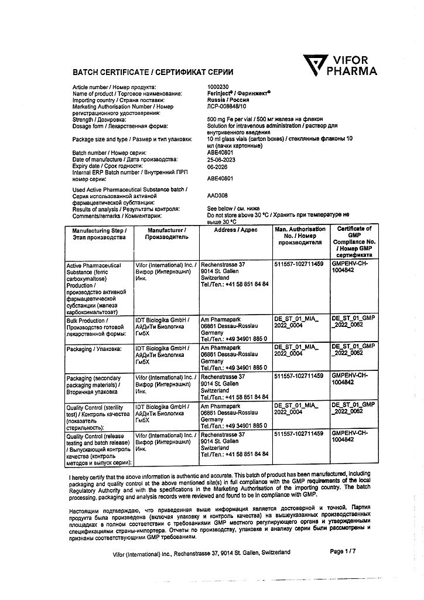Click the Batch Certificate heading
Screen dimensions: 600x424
[x=152, y=71]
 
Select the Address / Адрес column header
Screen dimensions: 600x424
[x=237, y=230]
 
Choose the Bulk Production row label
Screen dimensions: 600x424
[x=97, y=326]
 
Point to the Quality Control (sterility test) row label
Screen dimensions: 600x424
[x=97, y=416]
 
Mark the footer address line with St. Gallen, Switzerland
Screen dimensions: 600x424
[x=201, y=553]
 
